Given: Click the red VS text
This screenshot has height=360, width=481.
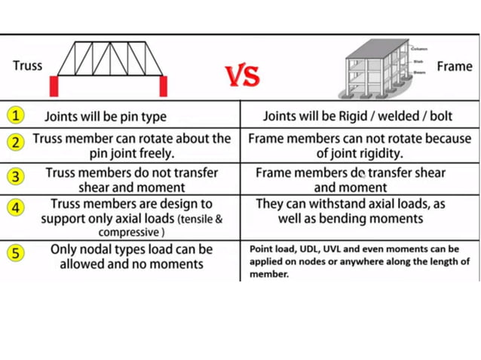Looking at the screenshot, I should (242, 75).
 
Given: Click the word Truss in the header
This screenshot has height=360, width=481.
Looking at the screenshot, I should (27, 66).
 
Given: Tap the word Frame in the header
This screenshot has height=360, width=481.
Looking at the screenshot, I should (455, 66).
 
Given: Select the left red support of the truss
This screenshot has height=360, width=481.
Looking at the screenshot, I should (54, 85).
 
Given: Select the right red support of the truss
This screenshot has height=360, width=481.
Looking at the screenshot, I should (163, 85).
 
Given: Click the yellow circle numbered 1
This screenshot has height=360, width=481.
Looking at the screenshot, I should (15, 116).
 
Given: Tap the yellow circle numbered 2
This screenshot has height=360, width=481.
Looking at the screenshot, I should (15, 142).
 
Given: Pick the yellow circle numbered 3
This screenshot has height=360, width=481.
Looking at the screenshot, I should (15, 176).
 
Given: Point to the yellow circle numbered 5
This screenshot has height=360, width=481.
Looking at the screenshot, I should (15, 252).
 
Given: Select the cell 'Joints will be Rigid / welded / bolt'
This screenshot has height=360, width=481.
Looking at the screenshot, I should (360, 117).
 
